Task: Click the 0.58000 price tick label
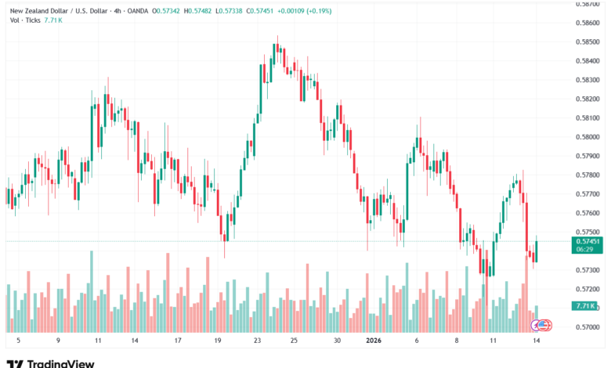[587, 137]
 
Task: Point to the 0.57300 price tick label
[587, 270]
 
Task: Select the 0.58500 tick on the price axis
[587, 42]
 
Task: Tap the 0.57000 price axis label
[587, 327]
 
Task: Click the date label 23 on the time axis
[258, 341]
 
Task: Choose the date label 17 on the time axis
[178, 341]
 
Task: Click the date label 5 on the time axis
[17, 341]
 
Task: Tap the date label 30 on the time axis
[337, 341]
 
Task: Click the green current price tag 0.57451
[587, 242]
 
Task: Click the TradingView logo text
[61, 363]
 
